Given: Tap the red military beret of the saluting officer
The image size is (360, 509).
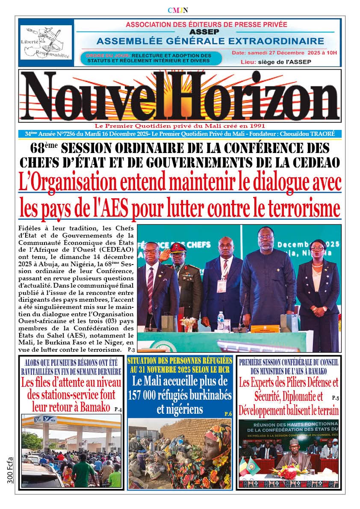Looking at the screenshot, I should coord(178,247).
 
